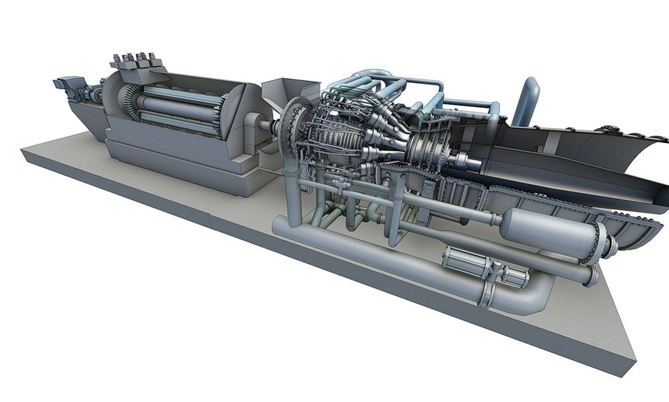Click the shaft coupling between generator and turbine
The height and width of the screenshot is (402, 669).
point(268,128)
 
